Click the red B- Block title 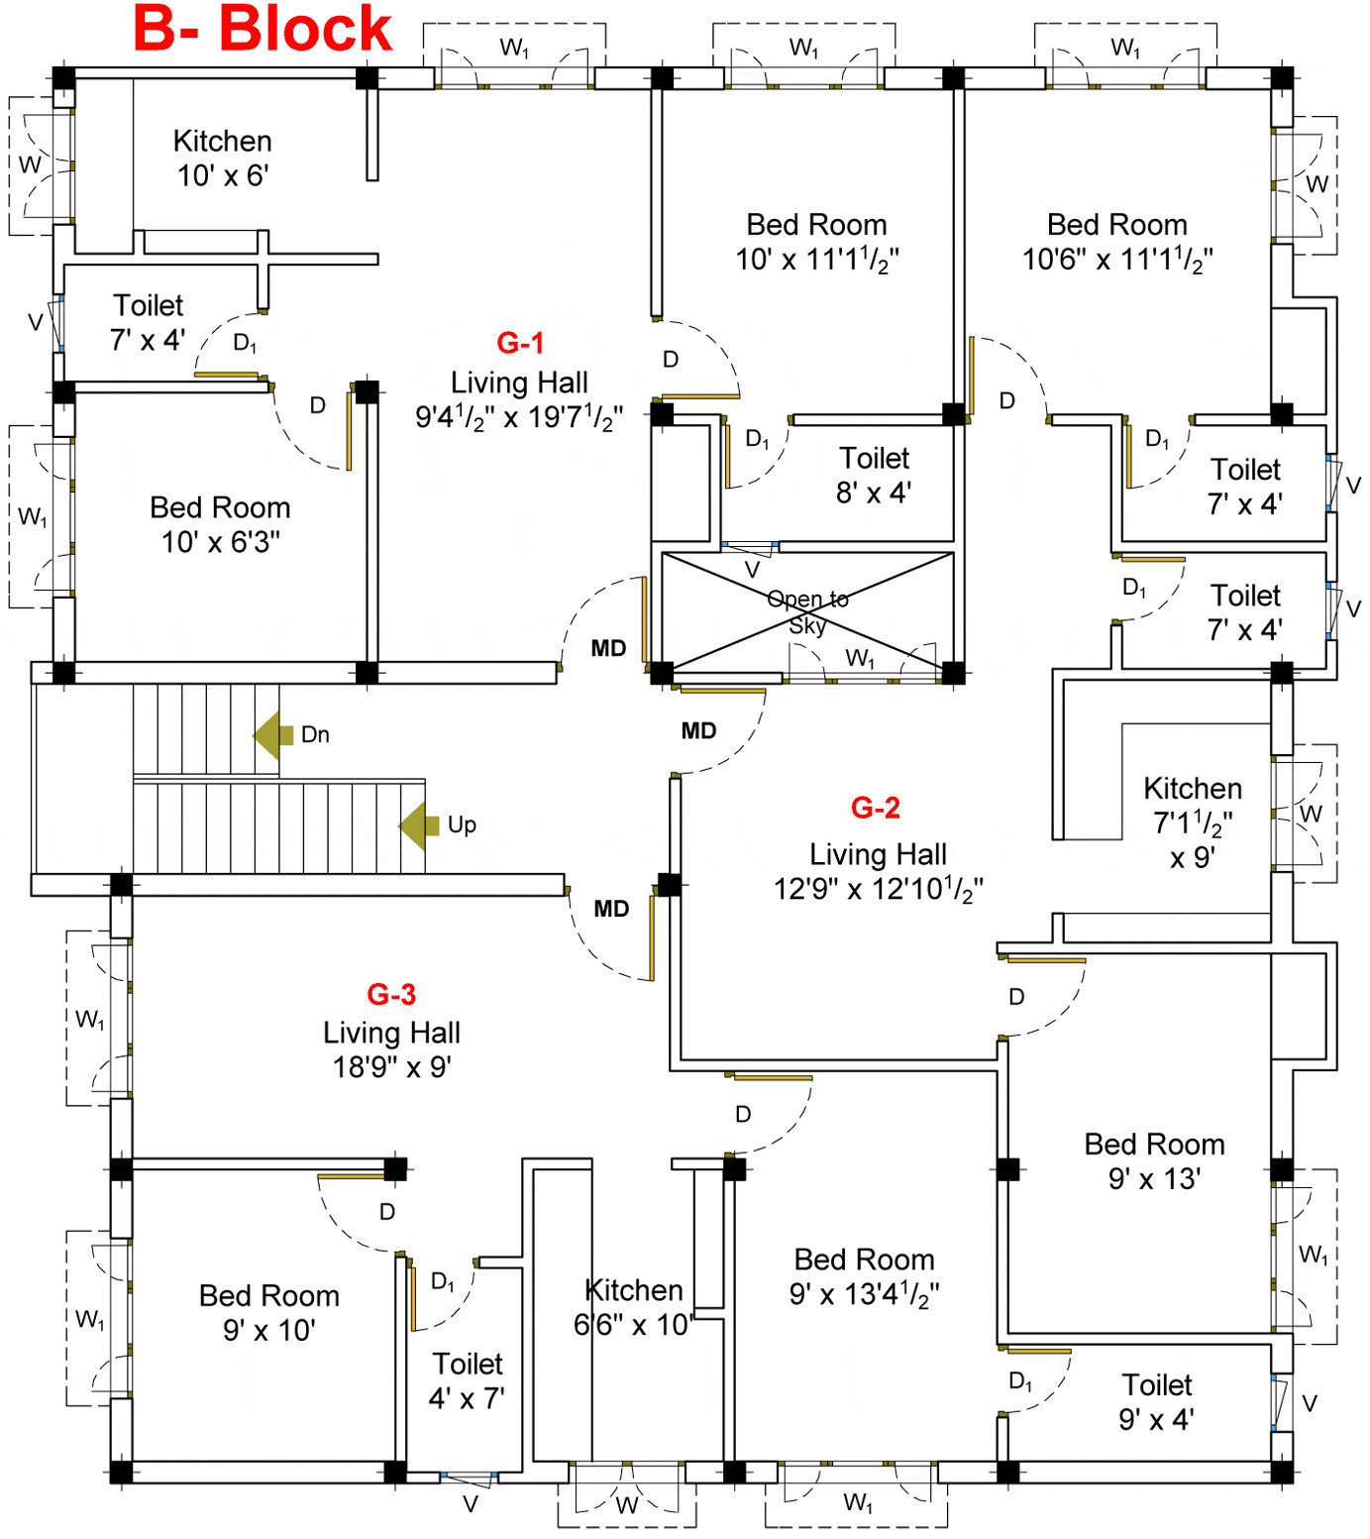263,30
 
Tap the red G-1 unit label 520,343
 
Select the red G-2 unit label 876,808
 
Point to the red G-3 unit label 391,994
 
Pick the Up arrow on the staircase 419,825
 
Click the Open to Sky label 807,611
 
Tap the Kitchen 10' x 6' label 222,158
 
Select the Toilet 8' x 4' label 874,475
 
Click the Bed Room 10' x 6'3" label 220,524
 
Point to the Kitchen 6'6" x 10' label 634,1307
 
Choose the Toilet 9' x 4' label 1156,1401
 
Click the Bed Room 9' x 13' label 1154,1160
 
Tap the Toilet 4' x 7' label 468,1380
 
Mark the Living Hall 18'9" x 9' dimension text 391,1067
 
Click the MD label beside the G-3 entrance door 611,909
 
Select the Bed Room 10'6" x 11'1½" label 1117,242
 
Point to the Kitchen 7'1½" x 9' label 1193,823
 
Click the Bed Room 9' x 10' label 269,1312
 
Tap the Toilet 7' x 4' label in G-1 148,322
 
